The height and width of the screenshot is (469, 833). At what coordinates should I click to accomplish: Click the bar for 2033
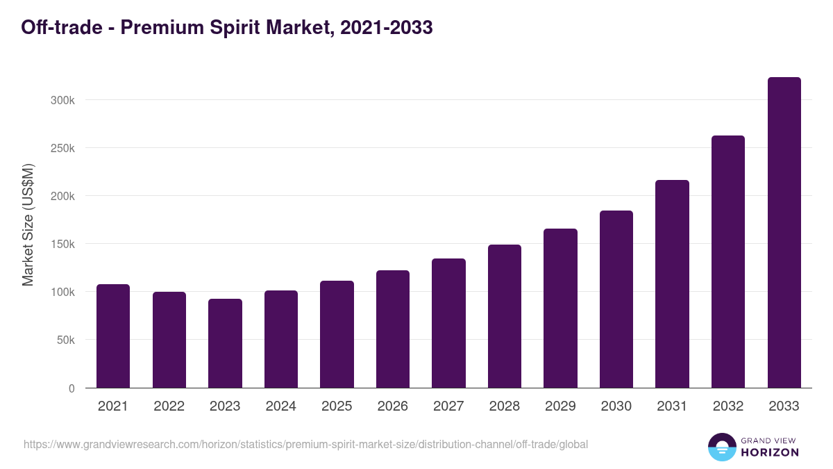pos(784,233)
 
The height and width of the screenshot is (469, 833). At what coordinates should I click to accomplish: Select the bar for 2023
pos(225,343)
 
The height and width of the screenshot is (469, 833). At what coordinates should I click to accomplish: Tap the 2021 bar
pos(113,336)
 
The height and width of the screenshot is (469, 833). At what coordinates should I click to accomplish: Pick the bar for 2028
pos(505,316)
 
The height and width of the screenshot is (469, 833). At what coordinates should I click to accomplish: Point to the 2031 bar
pos(672,283)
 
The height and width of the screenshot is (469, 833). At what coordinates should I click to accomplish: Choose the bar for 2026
pos(393,329)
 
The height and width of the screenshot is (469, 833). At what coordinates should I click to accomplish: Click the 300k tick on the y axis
pos(62,100)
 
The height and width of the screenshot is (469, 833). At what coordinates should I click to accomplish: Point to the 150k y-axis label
pos(62,244)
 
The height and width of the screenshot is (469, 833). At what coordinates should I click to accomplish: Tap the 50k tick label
pos(65,340)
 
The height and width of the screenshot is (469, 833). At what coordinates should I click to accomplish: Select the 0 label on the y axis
pos(71,388)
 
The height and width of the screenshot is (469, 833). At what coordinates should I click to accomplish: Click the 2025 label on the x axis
pos(337,406)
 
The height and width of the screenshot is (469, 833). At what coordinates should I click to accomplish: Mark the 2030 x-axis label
pos(616,406)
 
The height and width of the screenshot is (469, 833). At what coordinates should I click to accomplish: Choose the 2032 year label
pos(727,406)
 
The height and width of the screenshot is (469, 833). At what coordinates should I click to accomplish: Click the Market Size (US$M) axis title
pos(28,224)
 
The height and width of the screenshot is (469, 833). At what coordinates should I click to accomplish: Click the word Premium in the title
pos(149,27)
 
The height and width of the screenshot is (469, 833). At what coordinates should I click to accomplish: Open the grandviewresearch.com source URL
pos(305,444)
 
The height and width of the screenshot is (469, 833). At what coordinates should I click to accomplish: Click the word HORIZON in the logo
pos(769,452)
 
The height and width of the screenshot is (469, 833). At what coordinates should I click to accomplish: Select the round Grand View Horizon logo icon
pos(722,447)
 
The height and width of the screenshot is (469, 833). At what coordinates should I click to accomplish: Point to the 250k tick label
pos(62,148)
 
